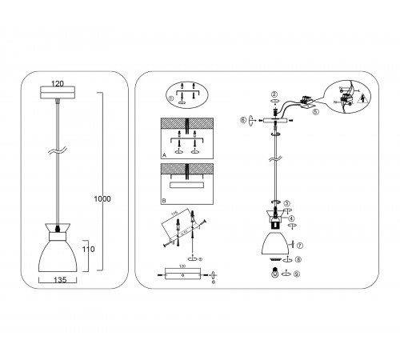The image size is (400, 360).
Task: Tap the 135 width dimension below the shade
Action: [x=60, y=281]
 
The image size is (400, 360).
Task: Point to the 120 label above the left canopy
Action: [x=57, y=82]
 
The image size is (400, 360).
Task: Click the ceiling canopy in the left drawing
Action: [x=58, y=94]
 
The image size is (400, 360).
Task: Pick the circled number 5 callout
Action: [x=315, y=113]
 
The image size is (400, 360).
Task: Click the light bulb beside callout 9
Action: [x=277, y=274]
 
